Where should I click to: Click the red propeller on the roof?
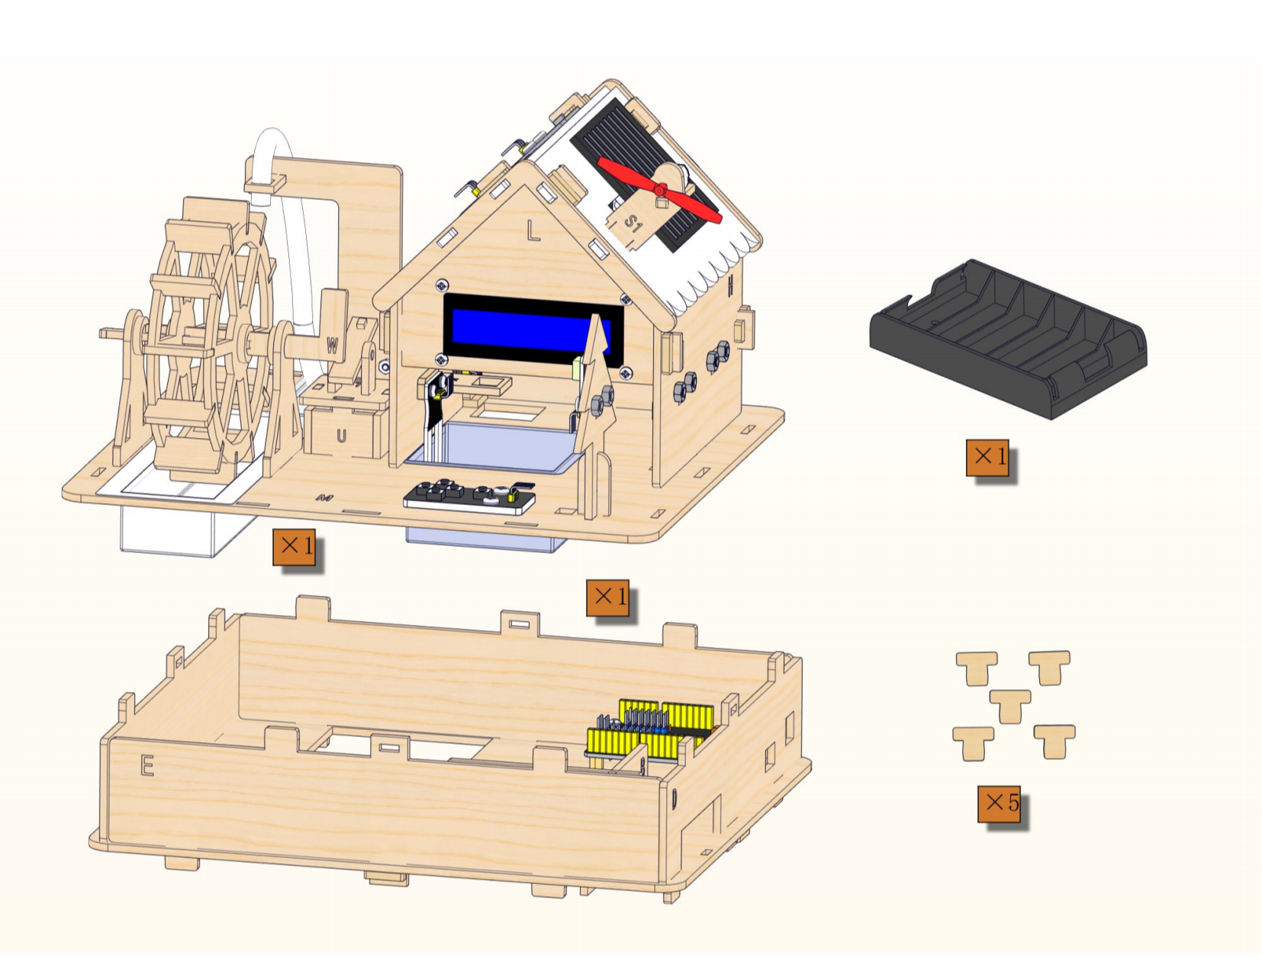coord(660,190)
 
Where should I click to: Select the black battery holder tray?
coord(1008,339)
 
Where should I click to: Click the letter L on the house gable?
coord(533,230)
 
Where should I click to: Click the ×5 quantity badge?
coord(999,803)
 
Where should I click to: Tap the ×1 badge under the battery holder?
coord(987,458)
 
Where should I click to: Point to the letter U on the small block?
coord(342,436)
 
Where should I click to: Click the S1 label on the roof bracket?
coord(633,223)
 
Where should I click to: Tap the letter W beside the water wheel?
coord(332,346)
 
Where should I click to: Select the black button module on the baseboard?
coord(469,497)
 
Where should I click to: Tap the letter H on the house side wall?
coord(731,284)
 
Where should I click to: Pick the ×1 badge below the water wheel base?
coord(295,547)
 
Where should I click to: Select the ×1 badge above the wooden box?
coord(607,597)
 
